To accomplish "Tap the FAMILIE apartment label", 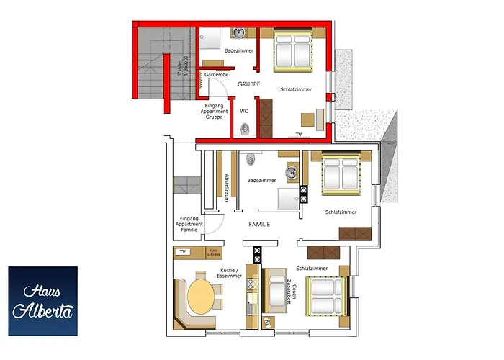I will tap(259, 225).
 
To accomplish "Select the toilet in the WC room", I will tap(246, 128).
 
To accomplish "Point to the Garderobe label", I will tap(216, 74).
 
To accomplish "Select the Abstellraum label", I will tap(226, 187).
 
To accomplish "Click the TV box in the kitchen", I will tap(183, 252).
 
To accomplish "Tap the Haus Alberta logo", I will tap(42, 300).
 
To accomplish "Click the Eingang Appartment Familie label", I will tap(189, 224).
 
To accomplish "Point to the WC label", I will tap(243, 111).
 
